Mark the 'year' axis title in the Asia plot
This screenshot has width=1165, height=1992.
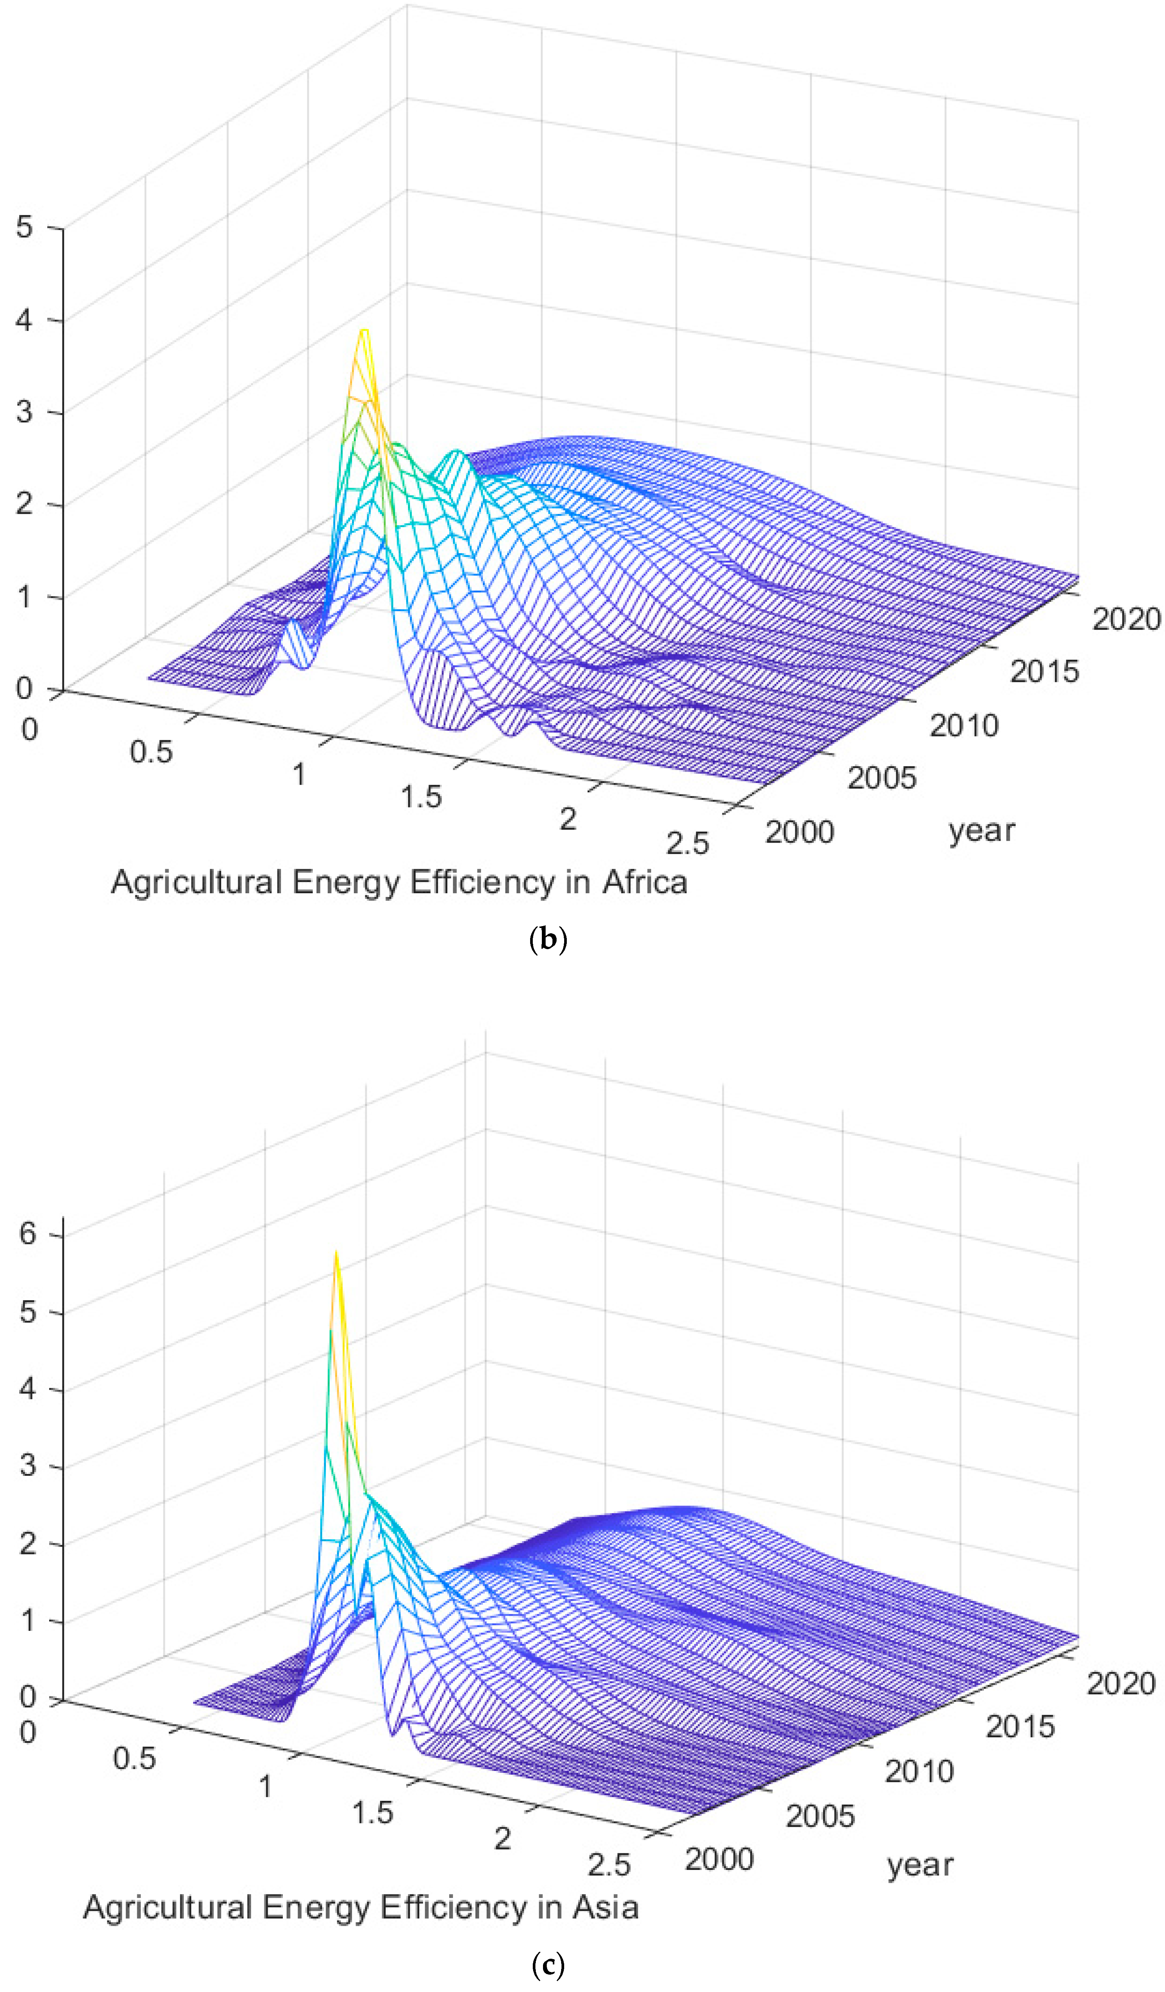(x=920, y=1865)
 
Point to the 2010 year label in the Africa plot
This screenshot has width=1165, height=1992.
(x=963, y=725)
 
